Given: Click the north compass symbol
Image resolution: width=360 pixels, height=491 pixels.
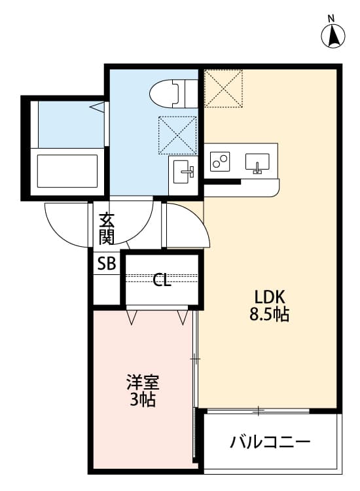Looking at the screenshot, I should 332,35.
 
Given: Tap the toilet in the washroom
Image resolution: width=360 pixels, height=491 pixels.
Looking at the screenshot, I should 168,93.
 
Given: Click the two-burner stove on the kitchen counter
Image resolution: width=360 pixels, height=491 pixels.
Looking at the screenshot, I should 221,161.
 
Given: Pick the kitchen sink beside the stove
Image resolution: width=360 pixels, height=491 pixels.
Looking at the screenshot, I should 257,162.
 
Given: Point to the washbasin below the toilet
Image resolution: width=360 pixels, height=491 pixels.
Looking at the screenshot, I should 182,173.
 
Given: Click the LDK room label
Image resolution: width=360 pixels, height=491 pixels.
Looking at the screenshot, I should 269,295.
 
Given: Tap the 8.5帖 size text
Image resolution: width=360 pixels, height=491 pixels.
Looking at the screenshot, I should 269,314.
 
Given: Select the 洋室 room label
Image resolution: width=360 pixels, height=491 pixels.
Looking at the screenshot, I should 143,382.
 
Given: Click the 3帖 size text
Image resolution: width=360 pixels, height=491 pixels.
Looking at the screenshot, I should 142,399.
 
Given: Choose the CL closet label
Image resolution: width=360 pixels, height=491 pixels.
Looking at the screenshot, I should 162,281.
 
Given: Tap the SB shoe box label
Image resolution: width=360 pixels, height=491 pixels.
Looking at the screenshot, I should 106,264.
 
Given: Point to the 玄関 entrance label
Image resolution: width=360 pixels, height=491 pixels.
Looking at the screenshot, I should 107,228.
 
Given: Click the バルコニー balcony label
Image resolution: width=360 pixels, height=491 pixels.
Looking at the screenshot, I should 270,443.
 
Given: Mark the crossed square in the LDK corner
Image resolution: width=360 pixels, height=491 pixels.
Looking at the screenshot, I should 223,88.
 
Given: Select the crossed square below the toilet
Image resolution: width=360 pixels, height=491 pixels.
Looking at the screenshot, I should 177,136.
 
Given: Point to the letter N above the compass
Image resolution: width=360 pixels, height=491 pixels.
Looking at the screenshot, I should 332,18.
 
